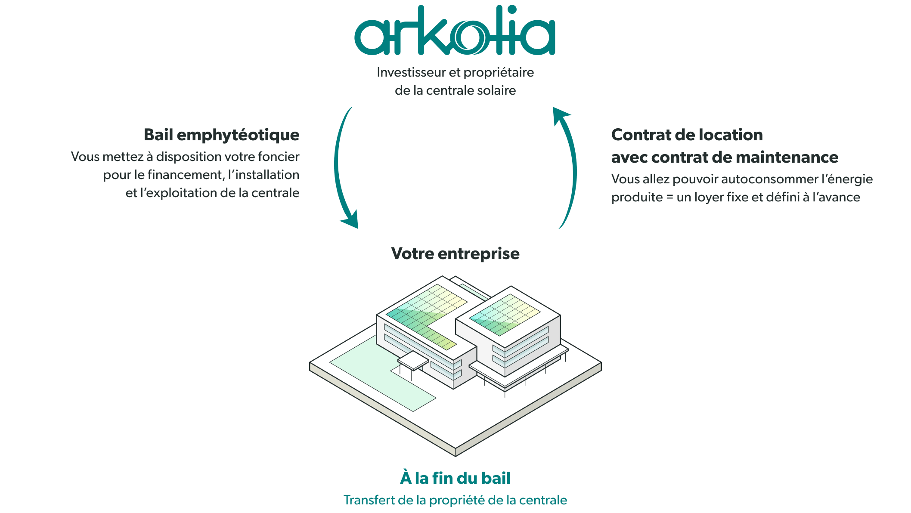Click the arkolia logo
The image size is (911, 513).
[455, 30]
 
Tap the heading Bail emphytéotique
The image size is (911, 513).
[222, 135]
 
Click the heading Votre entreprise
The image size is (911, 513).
[455, 253]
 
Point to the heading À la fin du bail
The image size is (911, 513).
[455, 478]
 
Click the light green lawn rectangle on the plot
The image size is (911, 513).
[383, 374]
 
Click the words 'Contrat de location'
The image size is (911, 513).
[687, 135]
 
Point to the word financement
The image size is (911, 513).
[186, 175]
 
